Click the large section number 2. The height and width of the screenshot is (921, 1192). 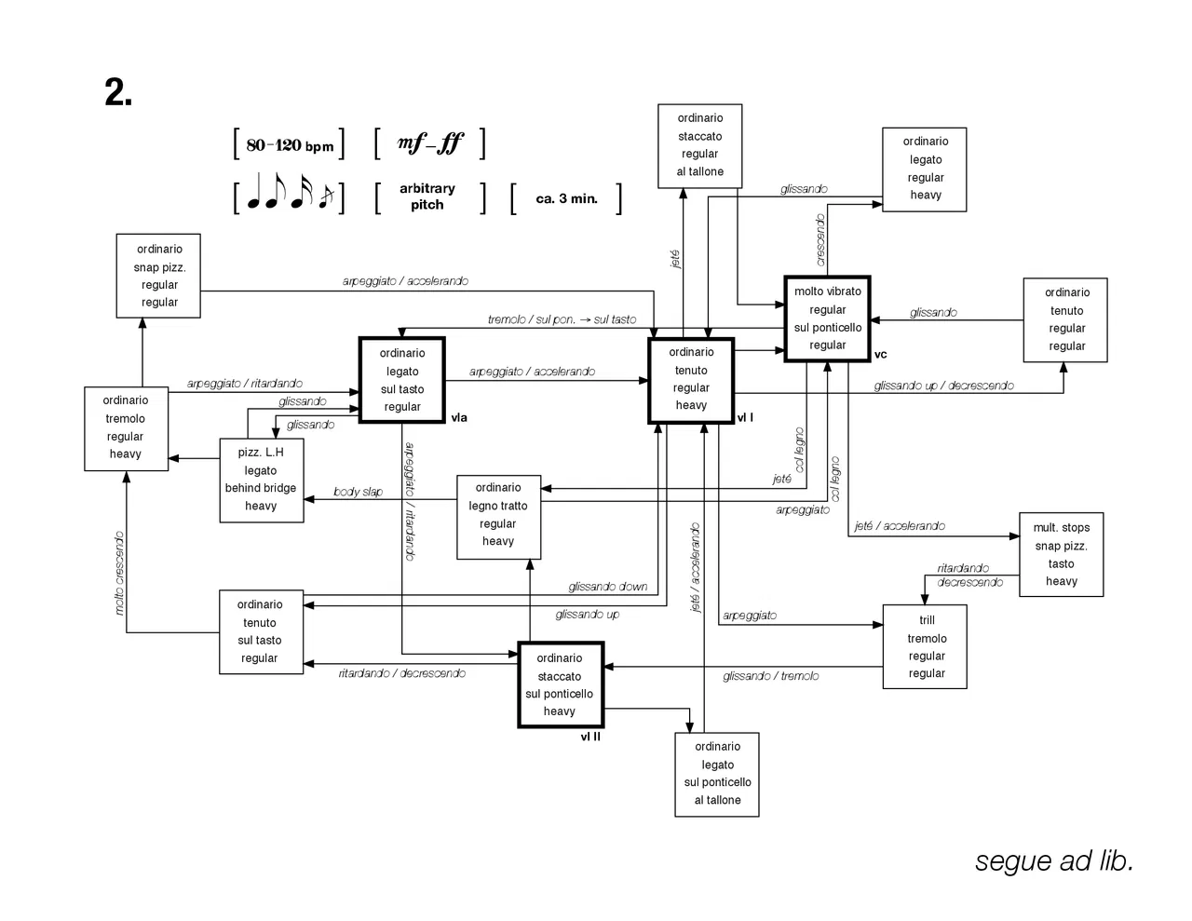click(x=118, y=92)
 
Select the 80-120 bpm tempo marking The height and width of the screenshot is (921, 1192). click(x=290, y=145)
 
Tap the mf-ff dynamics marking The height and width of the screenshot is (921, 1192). click(x=429, y=143)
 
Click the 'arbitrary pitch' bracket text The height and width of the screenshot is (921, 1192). click(x=427, y=196)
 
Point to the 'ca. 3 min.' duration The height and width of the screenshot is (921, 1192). click(x=566, y=198)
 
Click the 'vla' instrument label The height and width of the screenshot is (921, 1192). click(x=459, y=418)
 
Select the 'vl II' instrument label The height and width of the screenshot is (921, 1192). click(x=590, y=737)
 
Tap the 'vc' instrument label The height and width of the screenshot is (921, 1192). click(x=880, y=355)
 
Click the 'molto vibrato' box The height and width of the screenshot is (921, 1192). click(x=827, y=318)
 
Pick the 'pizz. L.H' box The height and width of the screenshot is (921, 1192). click(x=261, y=480)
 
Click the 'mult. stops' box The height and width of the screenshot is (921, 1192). click(x=1061, y=554)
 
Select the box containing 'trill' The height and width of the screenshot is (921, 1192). click(x=926, y=646)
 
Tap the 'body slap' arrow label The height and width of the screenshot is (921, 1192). click(x=358, y=492)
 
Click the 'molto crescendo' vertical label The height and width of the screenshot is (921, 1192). click(x=119, y=573)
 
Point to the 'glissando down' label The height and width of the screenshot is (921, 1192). click(x=607, y=587)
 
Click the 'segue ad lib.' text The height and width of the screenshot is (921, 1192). click(x=1053, y=861)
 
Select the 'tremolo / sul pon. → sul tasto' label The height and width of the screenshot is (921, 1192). click(x=562, y=319)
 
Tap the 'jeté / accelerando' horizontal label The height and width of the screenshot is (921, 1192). click(x=899, y=526)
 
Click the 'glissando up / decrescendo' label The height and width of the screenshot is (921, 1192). click(x=943, y=386)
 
